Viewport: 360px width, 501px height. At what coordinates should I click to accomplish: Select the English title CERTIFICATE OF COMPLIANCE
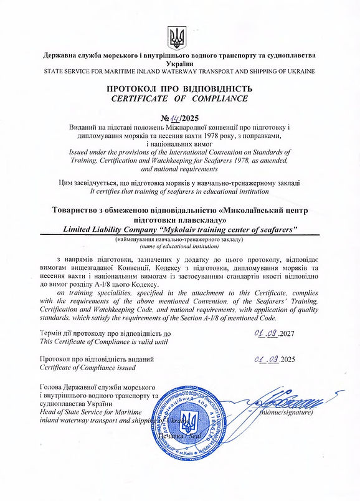179,98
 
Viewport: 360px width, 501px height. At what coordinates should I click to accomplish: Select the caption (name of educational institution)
179,246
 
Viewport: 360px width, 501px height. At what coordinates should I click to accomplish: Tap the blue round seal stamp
192,418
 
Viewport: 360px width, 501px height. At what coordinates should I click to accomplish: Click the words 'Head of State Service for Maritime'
91,412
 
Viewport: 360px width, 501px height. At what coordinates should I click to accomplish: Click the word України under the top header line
179,64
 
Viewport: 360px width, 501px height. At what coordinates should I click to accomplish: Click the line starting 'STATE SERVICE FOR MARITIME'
179,72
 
